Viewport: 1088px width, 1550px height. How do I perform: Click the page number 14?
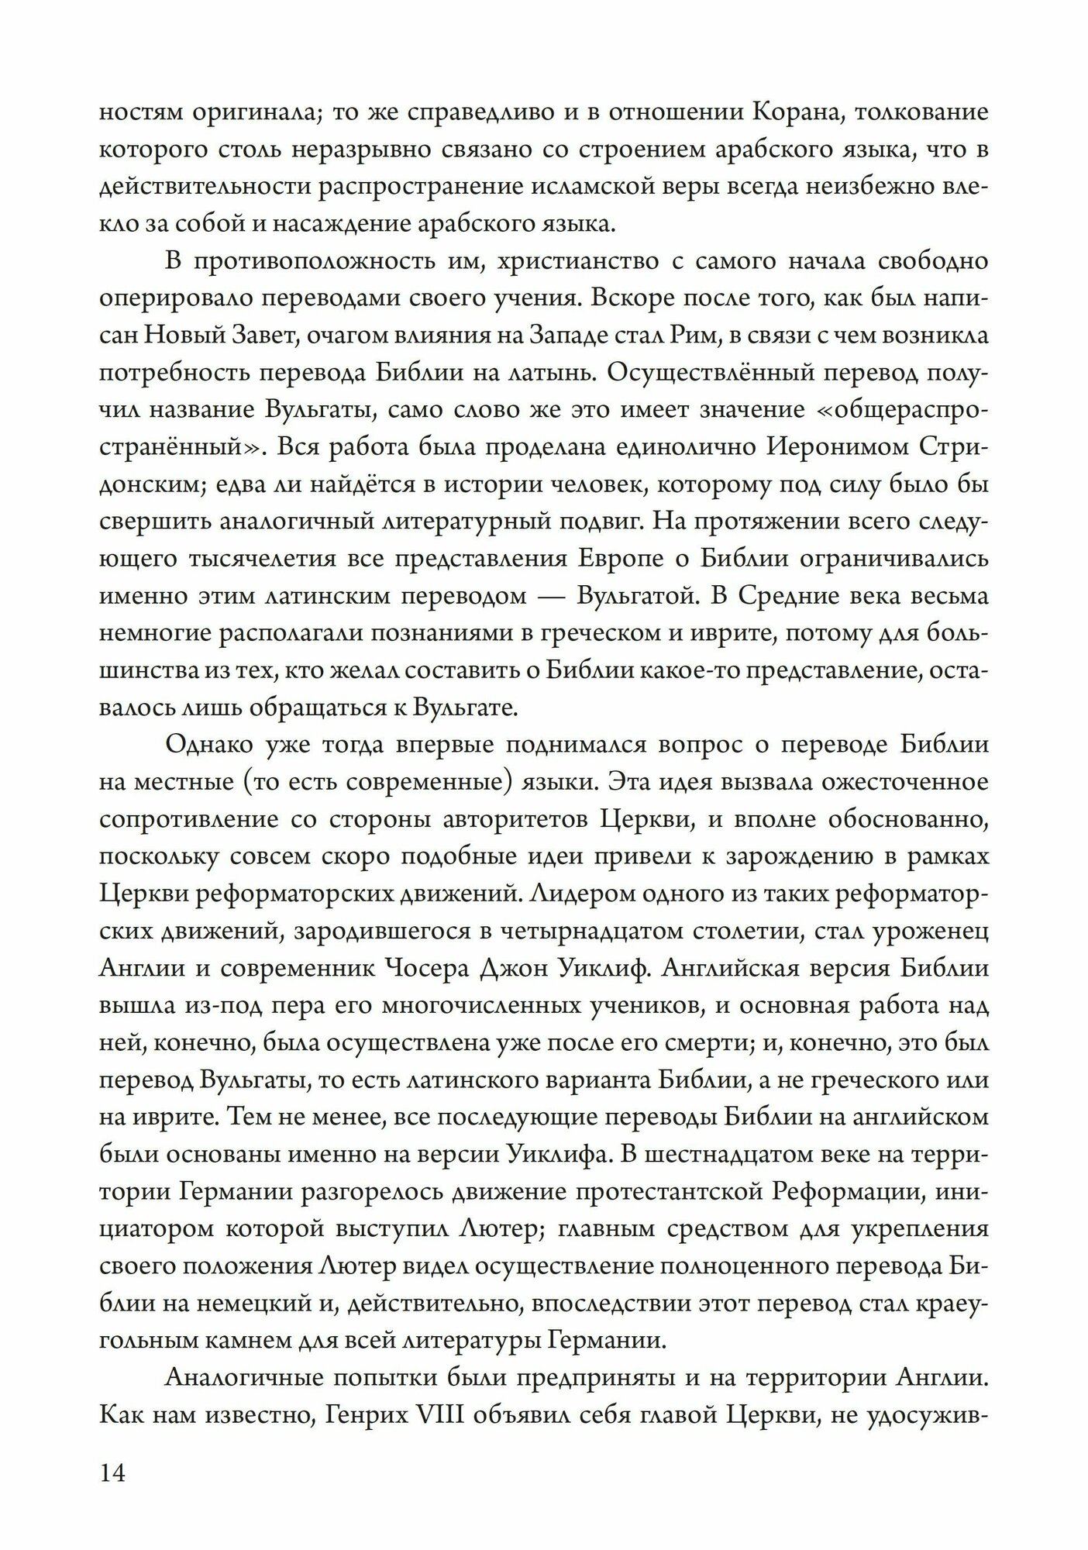(x=112, y=1472)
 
